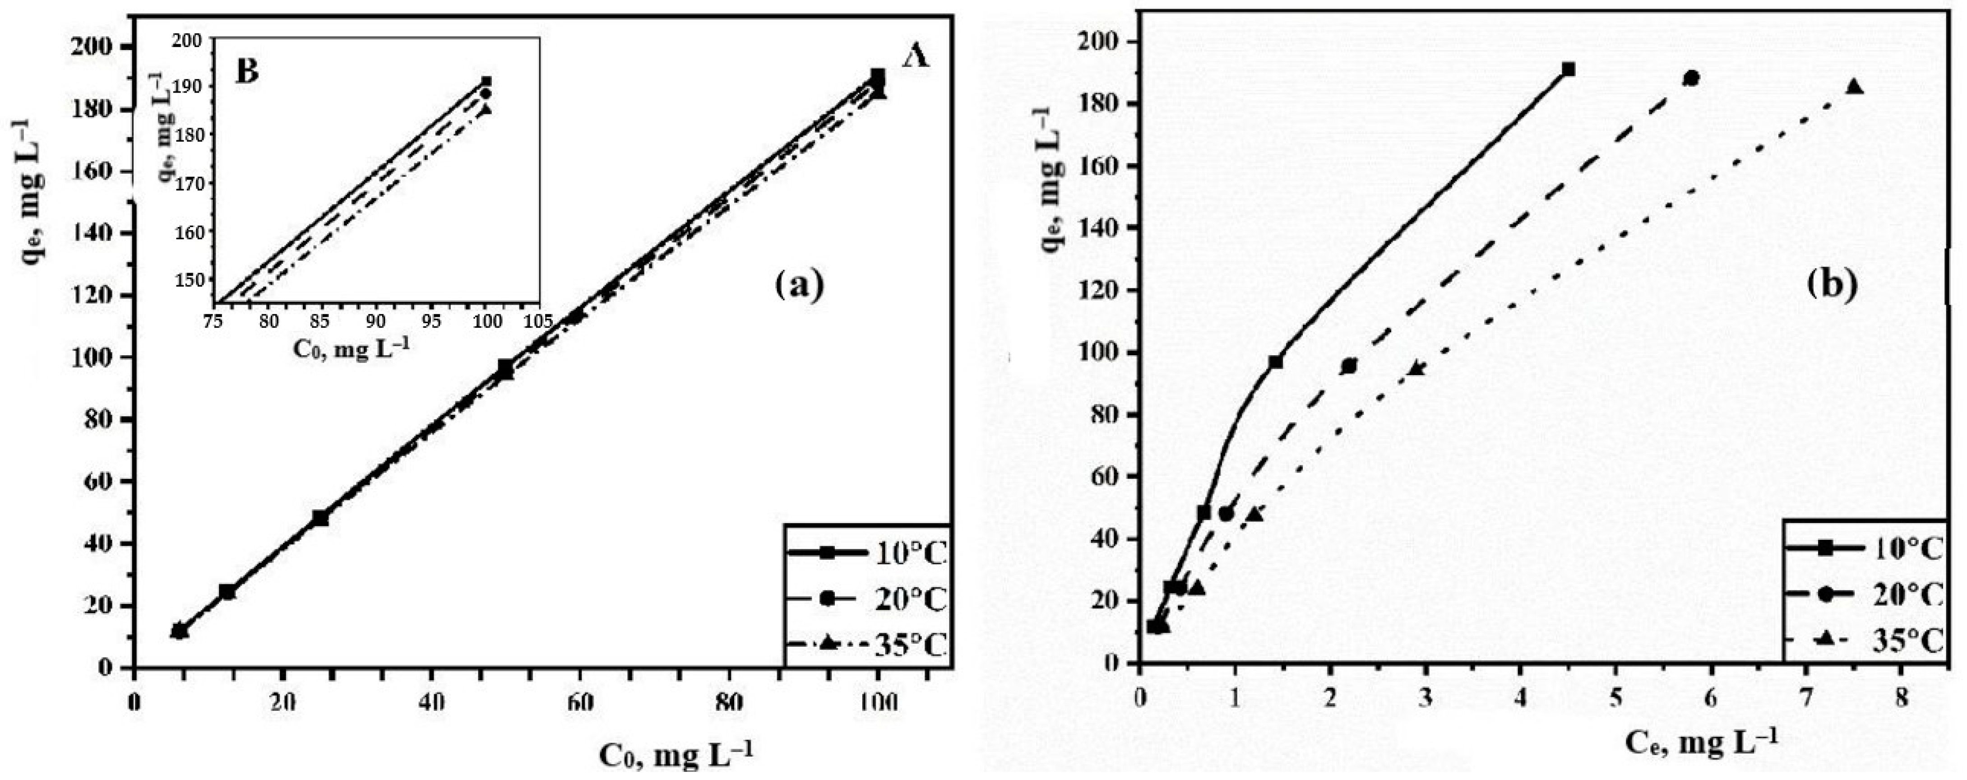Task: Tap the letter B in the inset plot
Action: (x=248, y=70)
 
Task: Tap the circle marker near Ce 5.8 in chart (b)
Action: (x=1691, y=78)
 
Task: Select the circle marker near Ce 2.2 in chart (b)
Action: (x=1349, y=366)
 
